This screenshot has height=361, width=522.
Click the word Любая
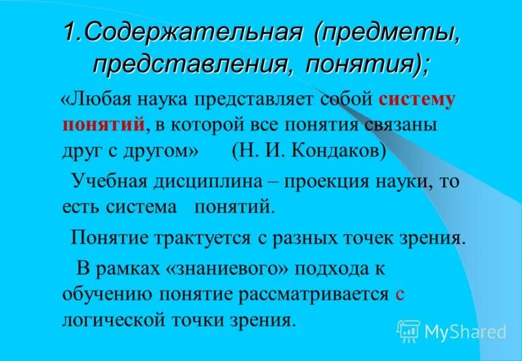[x=99, y=100]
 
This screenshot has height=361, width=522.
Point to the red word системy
[x=416, y=100]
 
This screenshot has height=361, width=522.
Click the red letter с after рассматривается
[x=400, y=294]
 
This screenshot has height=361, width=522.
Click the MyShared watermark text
[x=465, y=331]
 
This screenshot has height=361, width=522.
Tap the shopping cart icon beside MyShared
[x=408, y=331]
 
